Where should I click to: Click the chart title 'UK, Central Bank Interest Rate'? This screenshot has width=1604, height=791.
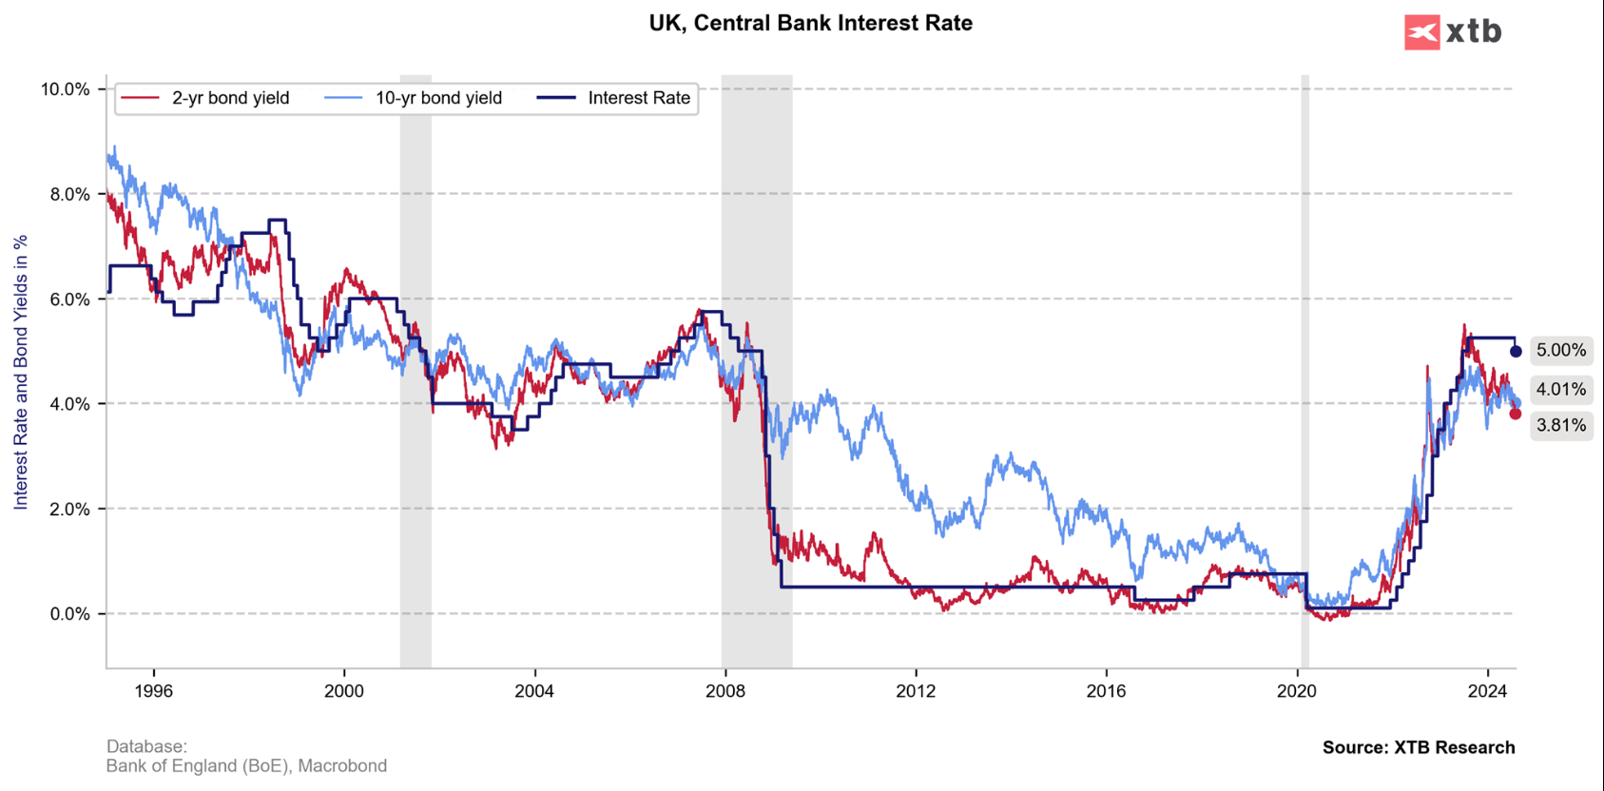pos(810,23)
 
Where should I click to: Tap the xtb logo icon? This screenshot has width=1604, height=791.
pos(1421,32)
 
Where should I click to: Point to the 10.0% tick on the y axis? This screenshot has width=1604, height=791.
pos(65,89)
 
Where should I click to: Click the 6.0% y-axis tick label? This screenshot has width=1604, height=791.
pos(68,299)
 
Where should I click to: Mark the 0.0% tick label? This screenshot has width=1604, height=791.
pos(68,614)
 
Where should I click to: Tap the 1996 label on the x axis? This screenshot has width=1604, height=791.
pos(154,691)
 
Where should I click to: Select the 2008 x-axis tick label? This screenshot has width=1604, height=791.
pos(725,691)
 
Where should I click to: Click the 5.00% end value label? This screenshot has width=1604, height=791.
pos(1561,351)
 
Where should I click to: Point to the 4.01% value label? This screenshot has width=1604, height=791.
pos(1561,389)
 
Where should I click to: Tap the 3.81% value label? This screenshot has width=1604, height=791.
pos(1561,425)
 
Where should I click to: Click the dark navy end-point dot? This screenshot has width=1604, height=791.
pos(1516,352)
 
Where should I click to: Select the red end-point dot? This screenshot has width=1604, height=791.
pos(1515,414)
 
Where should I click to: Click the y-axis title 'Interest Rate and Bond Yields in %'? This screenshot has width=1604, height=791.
pos(21,372)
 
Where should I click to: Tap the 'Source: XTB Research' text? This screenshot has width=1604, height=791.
pos(1418,747)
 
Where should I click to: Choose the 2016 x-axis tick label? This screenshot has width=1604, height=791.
pos(1106,691)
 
